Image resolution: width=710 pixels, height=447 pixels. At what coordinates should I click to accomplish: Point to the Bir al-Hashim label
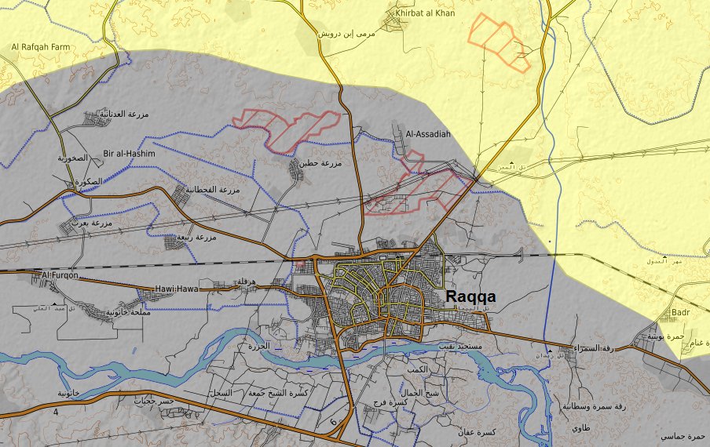coord(130,154)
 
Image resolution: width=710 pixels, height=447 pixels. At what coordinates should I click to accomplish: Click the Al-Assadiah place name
coord(428,134)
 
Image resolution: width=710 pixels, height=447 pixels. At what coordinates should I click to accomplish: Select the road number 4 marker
coord(56,412)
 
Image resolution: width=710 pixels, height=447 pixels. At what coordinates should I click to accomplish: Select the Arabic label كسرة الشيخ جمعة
coord(278,391)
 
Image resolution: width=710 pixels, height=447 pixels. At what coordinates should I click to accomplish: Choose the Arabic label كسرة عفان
coord(477,432)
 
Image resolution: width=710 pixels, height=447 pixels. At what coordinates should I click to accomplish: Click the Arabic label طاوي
coord(580,428)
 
